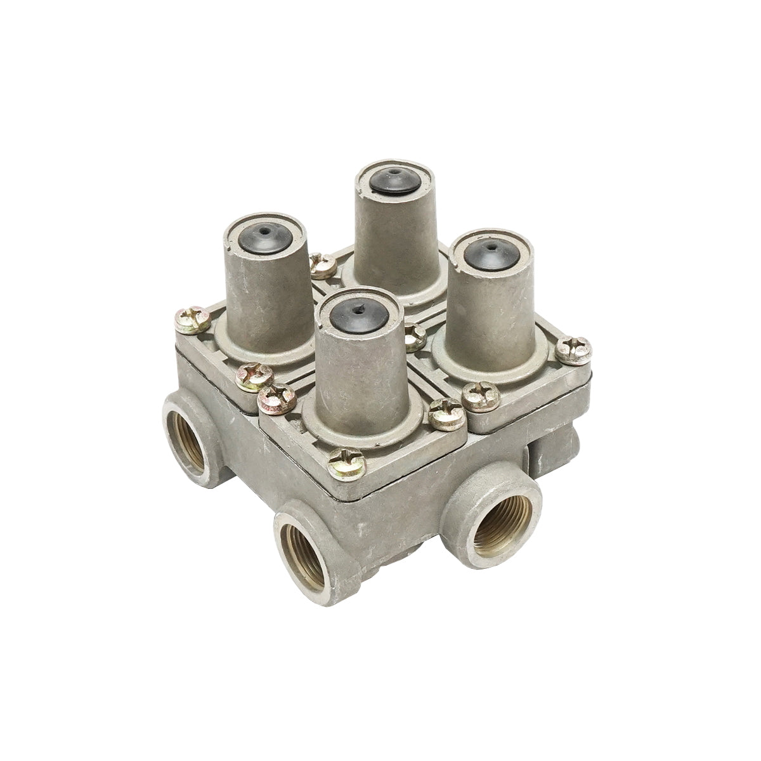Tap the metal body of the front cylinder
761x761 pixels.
[x=355, y=374]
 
